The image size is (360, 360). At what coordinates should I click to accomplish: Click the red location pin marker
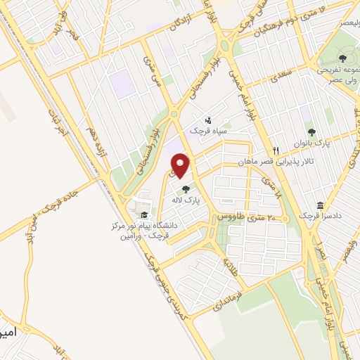pos(181,166)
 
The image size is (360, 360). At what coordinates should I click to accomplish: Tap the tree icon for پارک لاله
pos(186,188)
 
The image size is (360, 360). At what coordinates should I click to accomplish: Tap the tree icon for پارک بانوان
pos(311,132)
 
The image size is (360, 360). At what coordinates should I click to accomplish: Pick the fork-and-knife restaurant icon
pos(276,150)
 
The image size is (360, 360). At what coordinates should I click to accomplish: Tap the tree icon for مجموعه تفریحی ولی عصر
pos(342,58)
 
